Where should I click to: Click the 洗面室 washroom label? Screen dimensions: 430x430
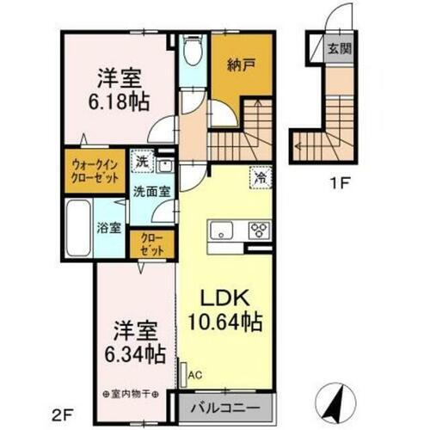point(149,193)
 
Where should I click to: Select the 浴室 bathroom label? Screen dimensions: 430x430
point(109,230)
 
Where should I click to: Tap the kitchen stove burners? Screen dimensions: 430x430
point(259,230)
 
